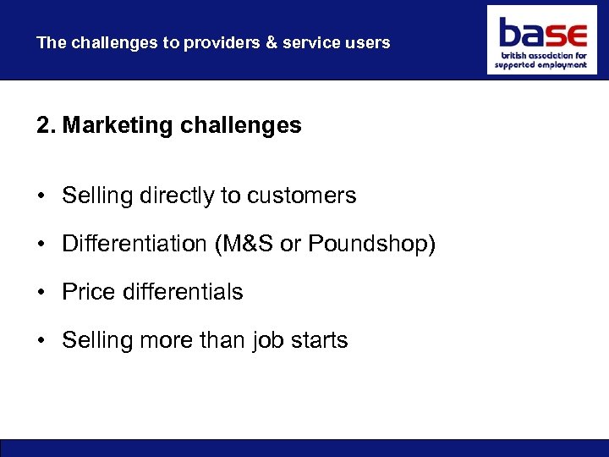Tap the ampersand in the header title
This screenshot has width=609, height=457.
pos(272,42)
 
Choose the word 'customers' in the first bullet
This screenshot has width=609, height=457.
pos(301,195)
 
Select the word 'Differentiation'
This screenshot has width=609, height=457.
pos(134,244)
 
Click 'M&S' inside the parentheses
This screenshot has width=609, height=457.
pos(245,244)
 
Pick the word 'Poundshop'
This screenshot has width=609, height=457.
pos(369,244)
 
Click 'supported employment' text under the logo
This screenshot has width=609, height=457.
pos(540,65)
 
